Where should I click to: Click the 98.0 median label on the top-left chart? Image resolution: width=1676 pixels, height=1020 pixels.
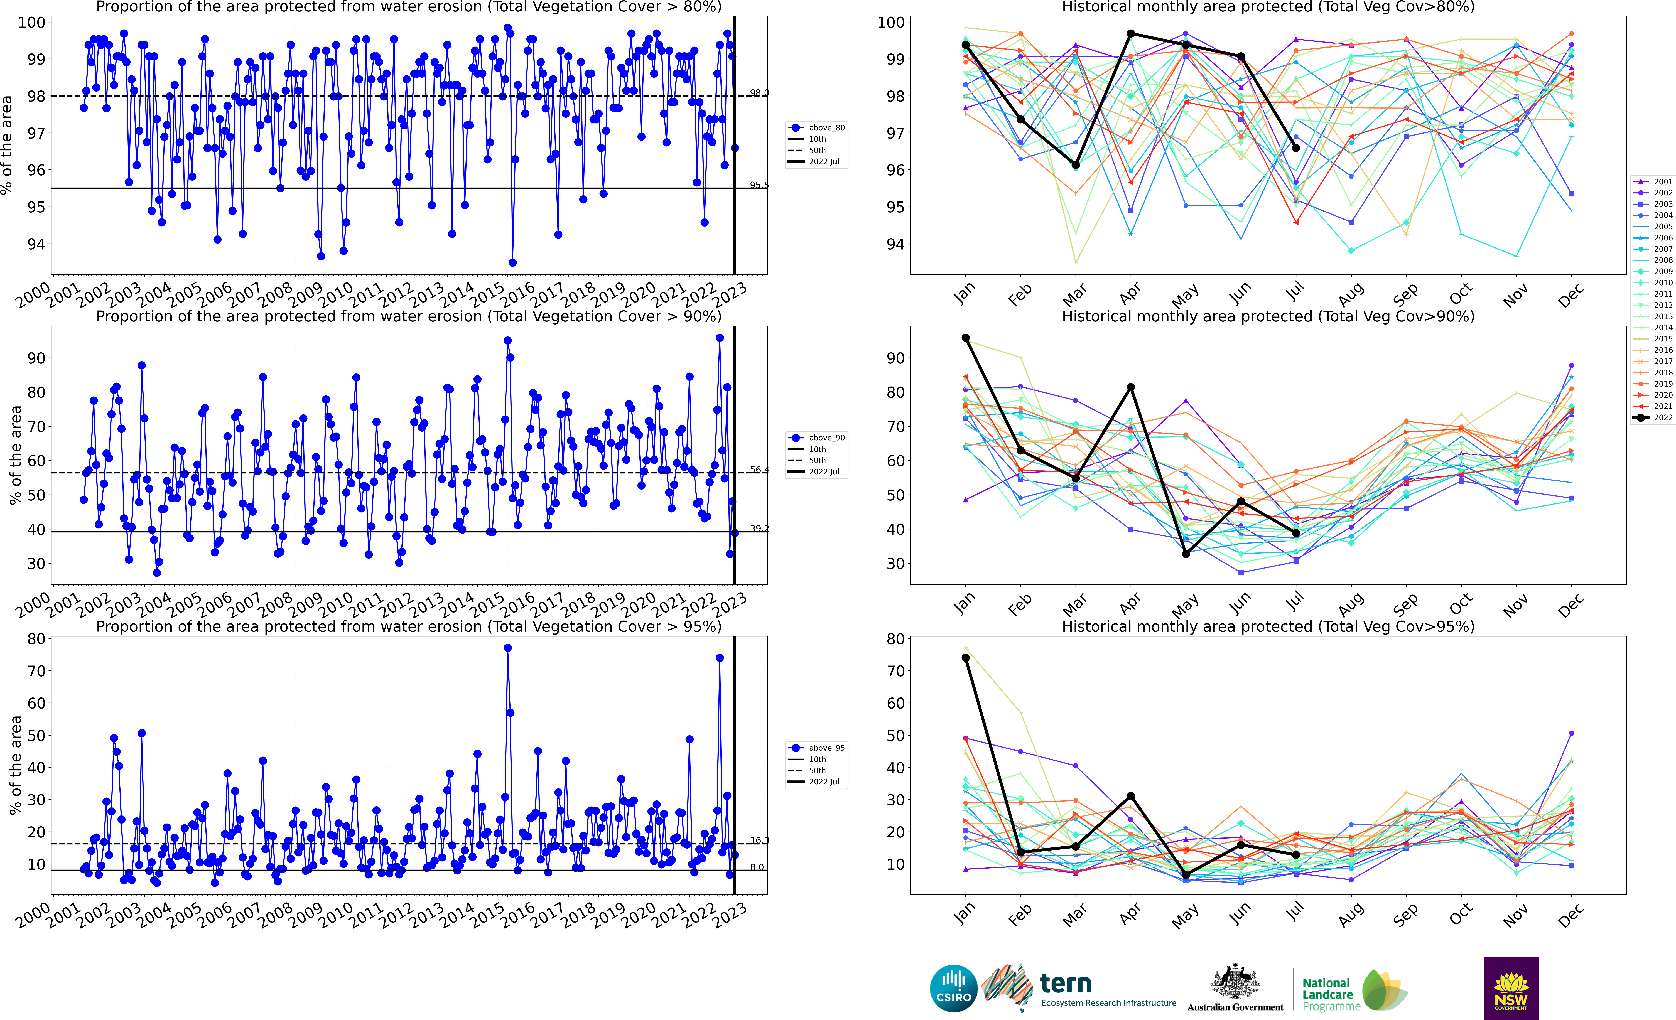[759, 92]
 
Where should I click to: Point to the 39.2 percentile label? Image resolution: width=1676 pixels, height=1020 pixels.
[759, 528]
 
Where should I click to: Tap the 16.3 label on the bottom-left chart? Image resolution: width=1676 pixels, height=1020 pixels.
[759, 841]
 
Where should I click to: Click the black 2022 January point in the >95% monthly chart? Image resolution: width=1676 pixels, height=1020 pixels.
[965, 658]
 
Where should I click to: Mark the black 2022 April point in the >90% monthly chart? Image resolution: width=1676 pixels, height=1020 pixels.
[1130, 388]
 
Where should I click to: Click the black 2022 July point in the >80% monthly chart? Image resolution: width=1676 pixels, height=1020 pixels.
[1296, 148]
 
